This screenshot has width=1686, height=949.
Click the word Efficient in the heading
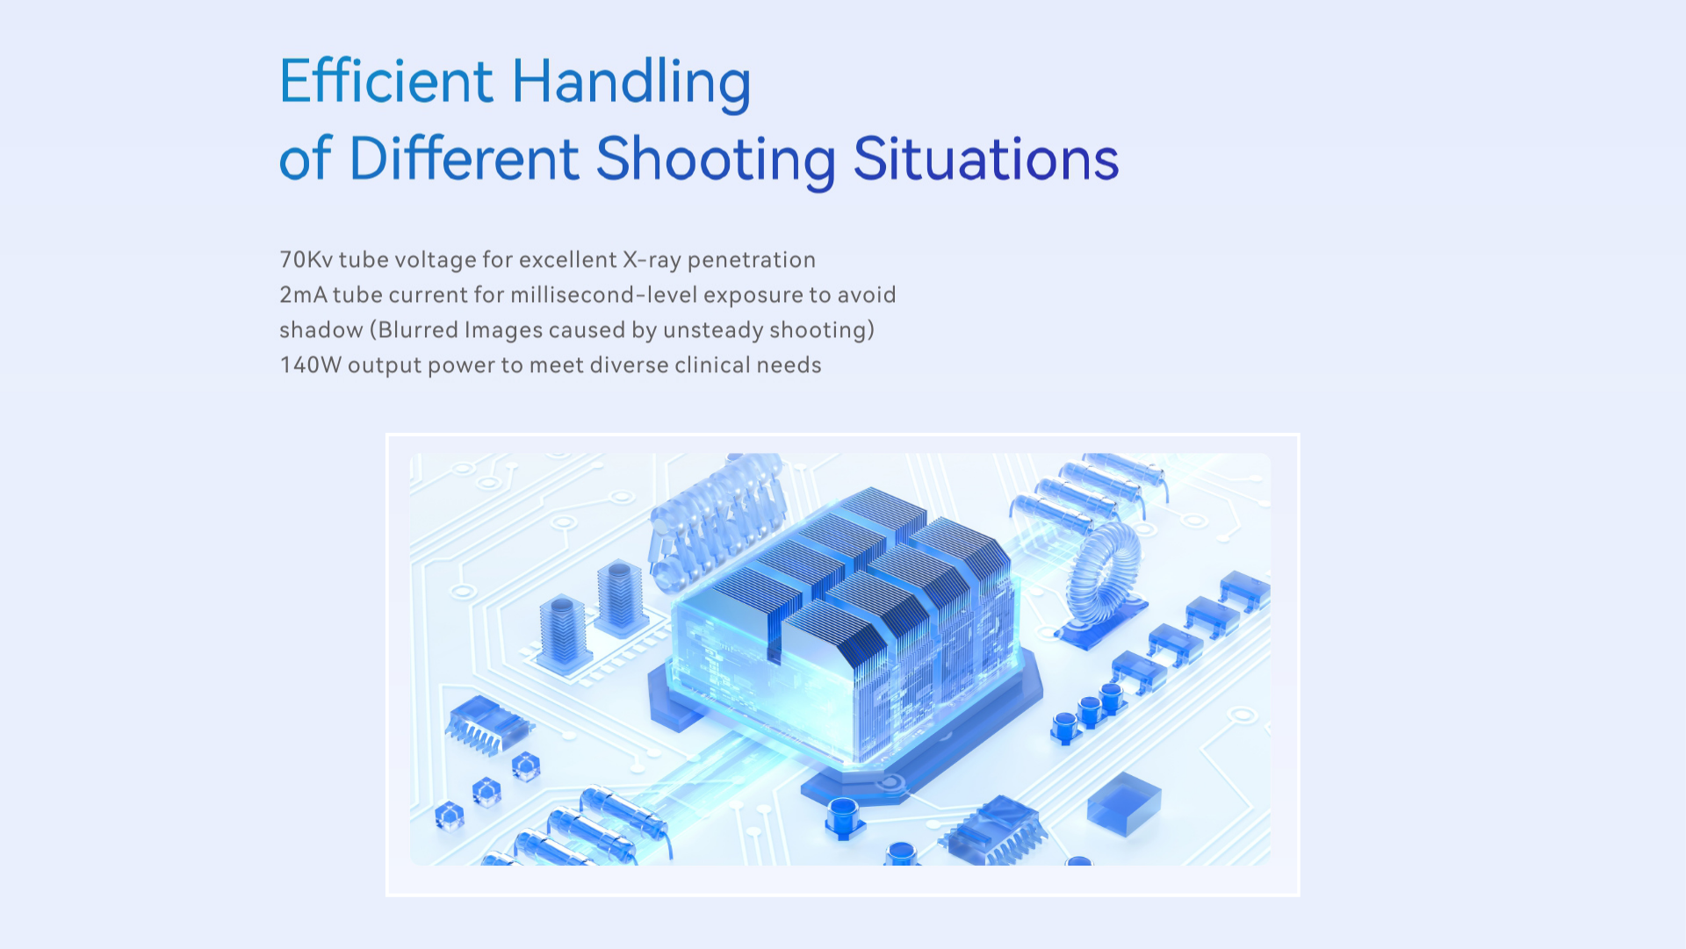point(386,81)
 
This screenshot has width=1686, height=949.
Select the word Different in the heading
point(465,159)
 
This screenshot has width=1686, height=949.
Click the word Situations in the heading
point(986,159)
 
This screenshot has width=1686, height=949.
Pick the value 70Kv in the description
point(306,260)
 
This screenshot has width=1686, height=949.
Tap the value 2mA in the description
point(303,295)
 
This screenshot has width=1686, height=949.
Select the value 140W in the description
point(310,365)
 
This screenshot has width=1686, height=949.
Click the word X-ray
point(652,261)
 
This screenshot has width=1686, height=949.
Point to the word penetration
point(752,261)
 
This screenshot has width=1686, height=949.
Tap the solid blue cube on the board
point(1124,802)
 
